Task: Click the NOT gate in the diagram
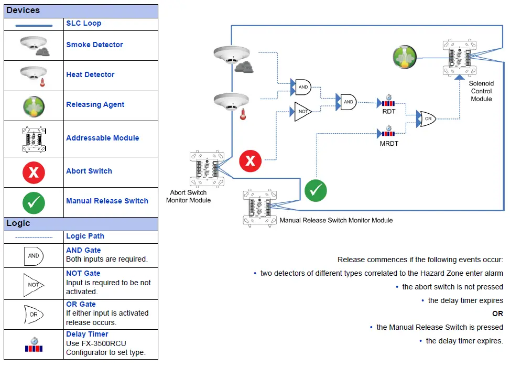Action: (x=303, y=112)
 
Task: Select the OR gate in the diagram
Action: (x=427, y=119)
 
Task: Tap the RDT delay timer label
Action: (x=388, y=111)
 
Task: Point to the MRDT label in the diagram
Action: (x=388, y=143)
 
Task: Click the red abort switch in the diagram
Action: (x=250, y=160)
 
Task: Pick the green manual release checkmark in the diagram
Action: (x=316, y=190)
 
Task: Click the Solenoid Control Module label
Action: (x=481, y=91)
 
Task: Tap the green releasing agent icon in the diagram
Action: (x=405, y=57)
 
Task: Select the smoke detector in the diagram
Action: (x=231, y=57)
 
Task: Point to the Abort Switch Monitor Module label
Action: (x=188, y=196)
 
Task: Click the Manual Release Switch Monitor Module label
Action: (x=336, y=220)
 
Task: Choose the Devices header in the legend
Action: (x=23, y=10)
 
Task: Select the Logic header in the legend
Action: (x=18, y=223)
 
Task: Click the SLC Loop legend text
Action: (x=83, y=24)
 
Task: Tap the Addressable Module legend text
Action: (x=102, y=138)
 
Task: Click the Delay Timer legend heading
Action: (x=87, y=334)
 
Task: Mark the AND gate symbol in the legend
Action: (x=34, y=255)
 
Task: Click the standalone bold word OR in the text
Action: (x=497, y=314)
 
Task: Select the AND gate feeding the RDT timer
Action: (x=348, y=102)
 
